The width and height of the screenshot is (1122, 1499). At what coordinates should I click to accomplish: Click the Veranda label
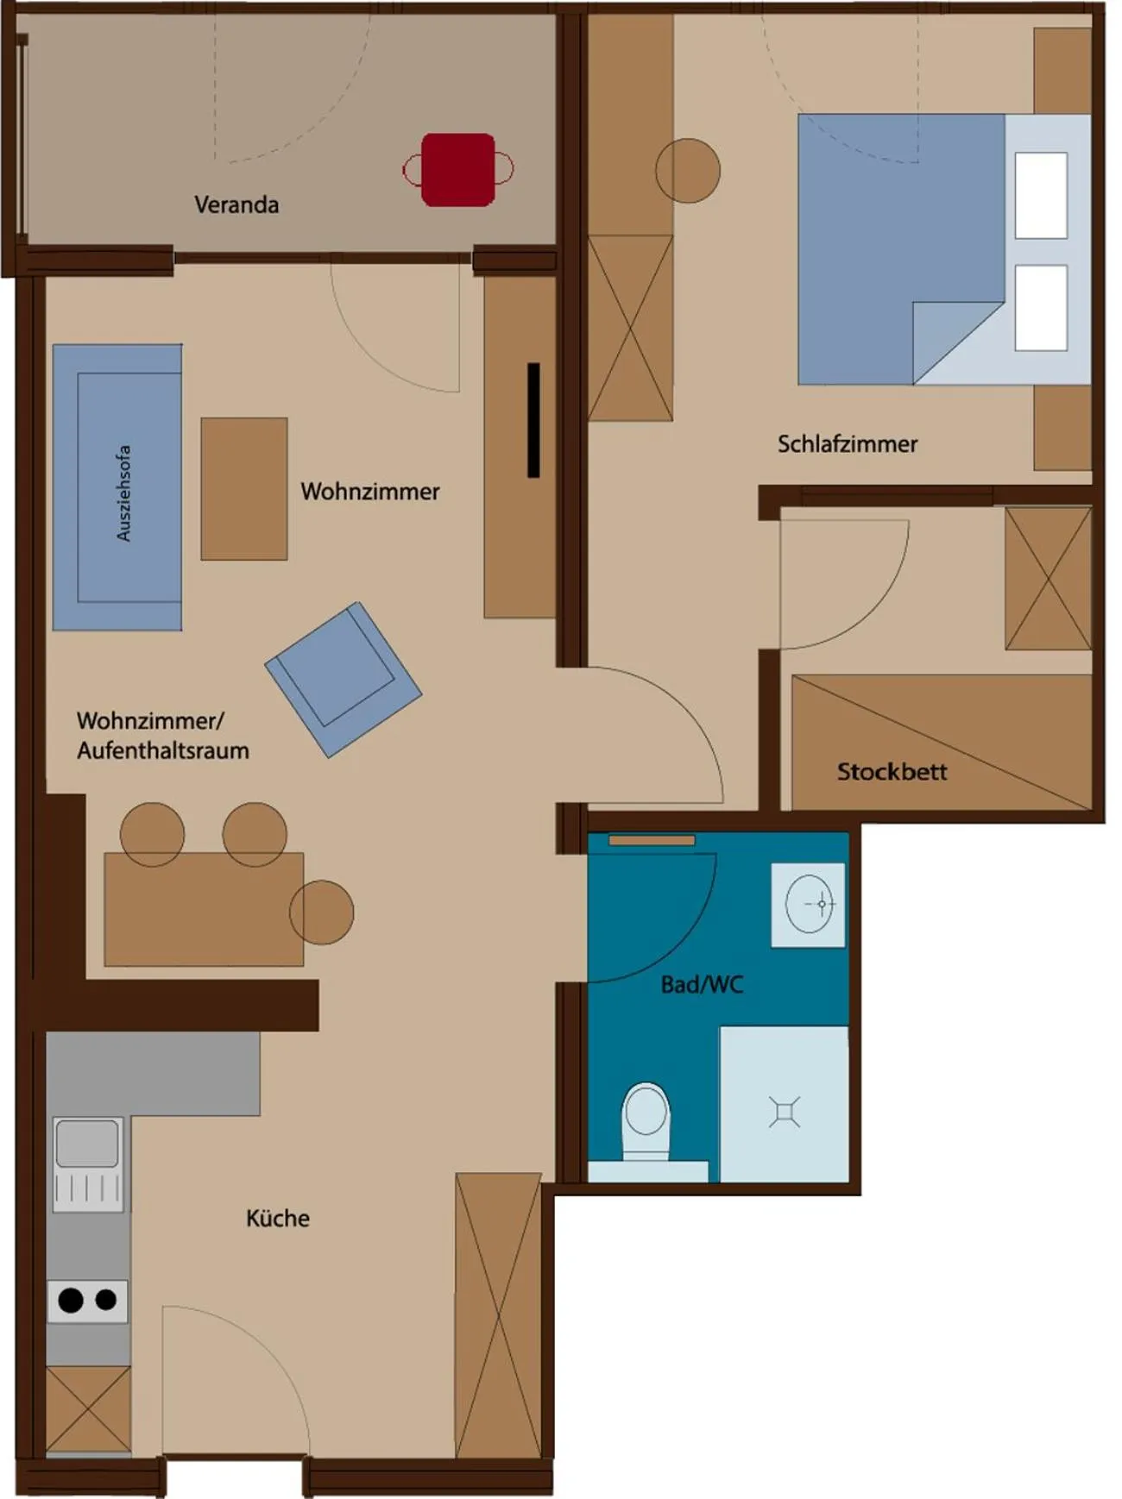tap(236, 205)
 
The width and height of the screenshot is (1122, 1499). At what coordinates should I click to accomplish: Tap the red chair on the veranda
tap(458, 170)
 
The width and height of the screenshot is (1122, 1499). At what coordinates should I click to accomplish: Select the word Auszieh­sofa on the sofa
tap(123, 493)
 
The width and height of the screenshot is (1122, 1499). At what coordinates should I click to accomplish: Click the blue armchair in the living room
tap(343, 679)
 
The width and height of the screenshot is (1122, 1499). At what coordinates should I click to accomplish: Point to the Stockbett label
tap(892, 771)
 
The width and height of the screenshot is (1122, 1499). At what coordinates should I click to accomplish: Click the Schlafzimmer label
tap(847, 444)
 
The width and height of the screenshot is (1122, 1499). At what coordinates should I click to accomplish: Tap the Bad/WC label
tap(702, 985)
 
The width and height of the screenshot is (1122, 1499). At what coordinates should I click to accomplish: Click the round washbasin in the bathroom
tap(809, 904)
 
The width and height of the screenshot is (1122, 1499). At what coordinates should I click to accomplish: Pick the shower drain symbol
tap(785, 1113)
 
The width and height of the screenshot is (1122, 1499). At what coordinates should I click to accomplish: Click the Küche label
tap(277, 1219)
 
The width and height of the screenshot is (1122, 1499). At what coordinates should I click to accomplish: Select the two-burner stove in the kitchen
tap(87, 1301)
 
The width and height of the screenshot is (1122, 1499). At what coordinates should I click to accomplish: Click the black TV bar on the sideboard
tap(533, 420)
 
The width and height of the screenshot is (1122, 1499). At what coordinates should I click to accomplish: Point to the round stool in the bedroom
tap(687, 171)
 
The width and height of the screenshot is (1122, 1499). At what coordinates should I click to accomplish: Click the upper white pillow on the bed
tap(1041, 195)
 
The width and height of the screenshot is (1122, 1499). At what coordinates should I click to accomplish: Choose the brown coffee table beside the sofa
tap(244, 489)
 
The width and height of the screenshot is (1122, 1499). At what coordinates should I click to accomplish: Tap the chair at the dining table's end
tap(322, 913)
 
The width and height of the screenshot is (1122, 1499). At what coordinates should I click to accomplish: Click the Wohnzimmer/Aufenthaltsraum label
tap(162, 736)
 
